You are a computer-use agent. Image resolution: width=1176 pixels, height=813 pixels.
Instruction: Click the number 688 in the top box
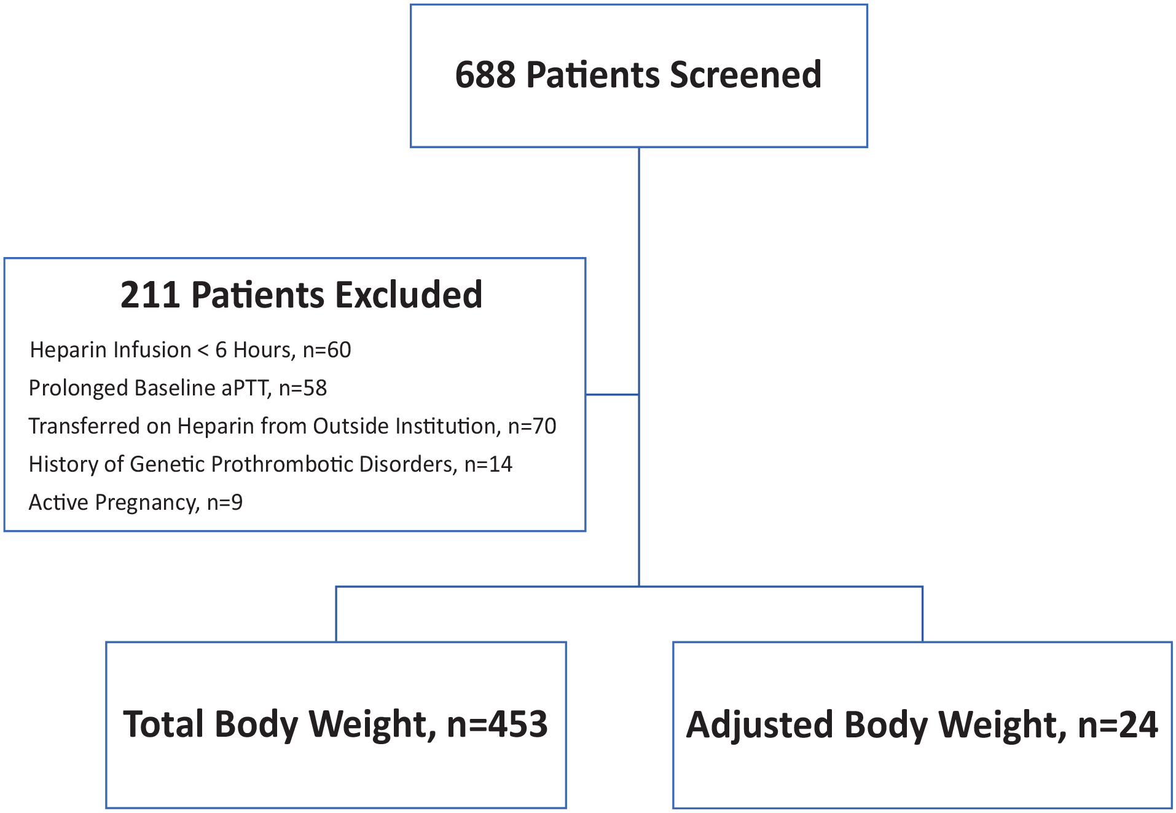coord(485,75)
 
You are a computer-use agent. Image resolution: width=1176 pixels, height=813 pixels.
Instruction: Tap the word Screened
coord(745,75)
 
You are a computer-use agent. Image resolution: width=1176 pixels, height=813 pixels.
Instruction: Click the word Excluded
coord(409,295)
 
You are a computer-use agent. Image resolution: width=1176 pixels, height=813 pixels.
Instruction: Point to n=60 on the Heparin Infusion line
coord(327,350)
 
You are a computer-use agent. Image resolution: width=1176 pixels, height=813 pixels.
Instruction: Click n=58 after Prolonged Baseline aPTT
coord(303,388)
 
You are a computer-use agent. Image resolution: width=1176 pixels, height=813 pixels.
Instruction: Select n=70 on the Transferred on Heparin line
coord(532,426)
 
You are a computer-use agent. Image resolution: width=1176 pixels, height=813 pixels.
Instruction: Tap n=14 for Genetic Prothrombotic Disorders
coord(488,464)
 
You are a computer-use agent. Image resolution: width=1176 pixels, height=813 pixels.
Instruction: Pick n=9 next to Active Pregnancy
coord(225,502)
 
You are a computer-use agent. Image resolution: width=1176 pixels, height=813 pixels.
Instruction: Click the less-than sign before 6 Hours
coord(203,351)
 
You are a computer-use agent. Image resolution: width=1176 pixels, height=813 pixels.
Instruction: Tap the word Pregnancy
coord(147,503)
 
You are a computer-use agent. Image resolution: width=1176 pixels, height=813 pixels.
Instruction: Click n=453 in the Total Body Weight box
coord(497,724)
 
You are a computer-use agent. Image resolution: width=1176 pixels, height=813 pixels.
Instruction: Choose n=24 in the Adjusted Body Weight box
coord(1118,725)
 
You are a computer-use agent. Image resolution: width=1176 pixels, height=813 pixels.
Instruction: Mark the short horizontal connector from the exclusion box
coord(613,394)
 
